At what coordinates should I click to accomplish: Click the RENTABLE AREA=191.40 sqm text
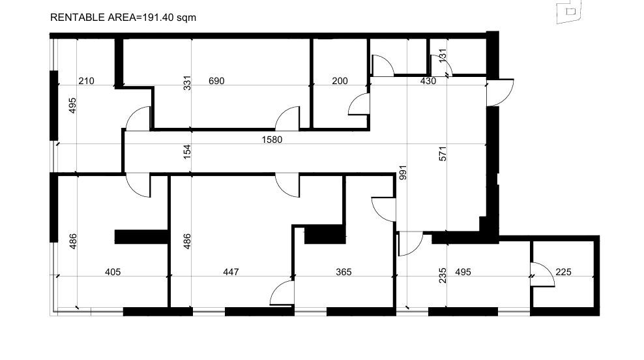(123, 18)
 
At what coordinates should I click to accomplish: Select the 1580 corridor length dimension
(272, 140)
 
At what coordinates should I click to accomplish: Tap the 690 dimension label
(216, 81)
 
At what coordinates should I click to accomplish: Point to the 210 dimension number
(86, 81)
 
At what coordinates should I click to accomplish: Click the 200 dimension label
(340, 81)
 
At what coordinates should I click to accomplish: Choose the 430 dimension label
(428, 81)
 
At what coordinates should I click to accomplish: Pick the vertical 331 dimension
(187, 83)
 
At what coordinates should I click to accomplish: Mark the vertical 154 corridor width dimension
(187, 152)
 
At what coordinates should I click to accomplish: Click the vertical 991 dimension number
(403, 173)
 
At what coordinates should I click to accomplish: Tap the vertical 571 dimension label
(443, 154)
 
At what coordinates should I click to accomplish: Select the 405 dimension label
(113, 272)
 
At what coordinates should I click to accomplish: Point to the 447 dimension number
(231, 272)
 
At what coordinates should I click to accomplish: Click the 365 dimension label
(344, 272)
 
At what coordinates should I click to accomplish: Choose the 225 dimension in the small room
(563, 272)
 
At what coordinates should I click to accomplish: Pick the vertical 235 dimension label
(443, 275)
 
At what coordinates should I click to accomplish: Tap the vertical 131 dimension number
(443, 56)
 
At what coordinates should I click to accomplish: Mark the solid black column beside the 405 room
(141, 237)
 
